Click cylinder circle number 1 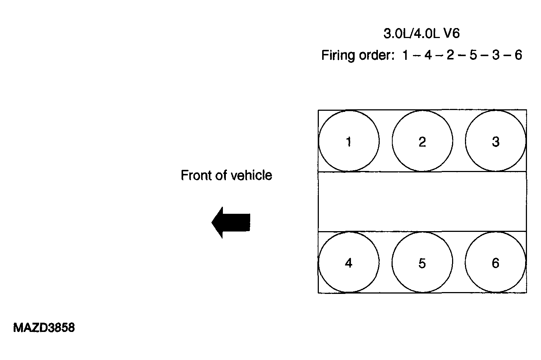(349, 141)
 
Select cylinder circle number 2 (422, 141)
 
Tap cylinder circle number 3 (495, 141)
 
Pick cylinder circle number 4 (349, 263)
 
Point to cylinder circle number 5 (422, 263)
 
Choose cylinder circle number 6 (495, 263)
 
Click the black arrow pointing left (231, 222)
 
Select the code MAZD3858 (44, 328)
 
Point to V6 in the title (451, 34)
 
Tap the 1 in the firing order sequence (406, 55)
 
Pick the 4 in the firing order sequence (428, 55)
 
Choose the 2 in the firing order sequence (450, 55)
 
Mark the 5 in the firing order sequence (473, 55)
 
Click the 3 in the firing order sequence (496, 55)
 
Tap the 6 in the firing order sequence (518, 55)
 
